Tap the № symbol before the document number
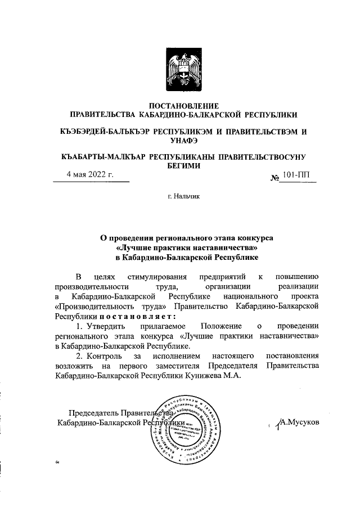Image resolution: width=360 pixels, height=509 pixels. [276, 178]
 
